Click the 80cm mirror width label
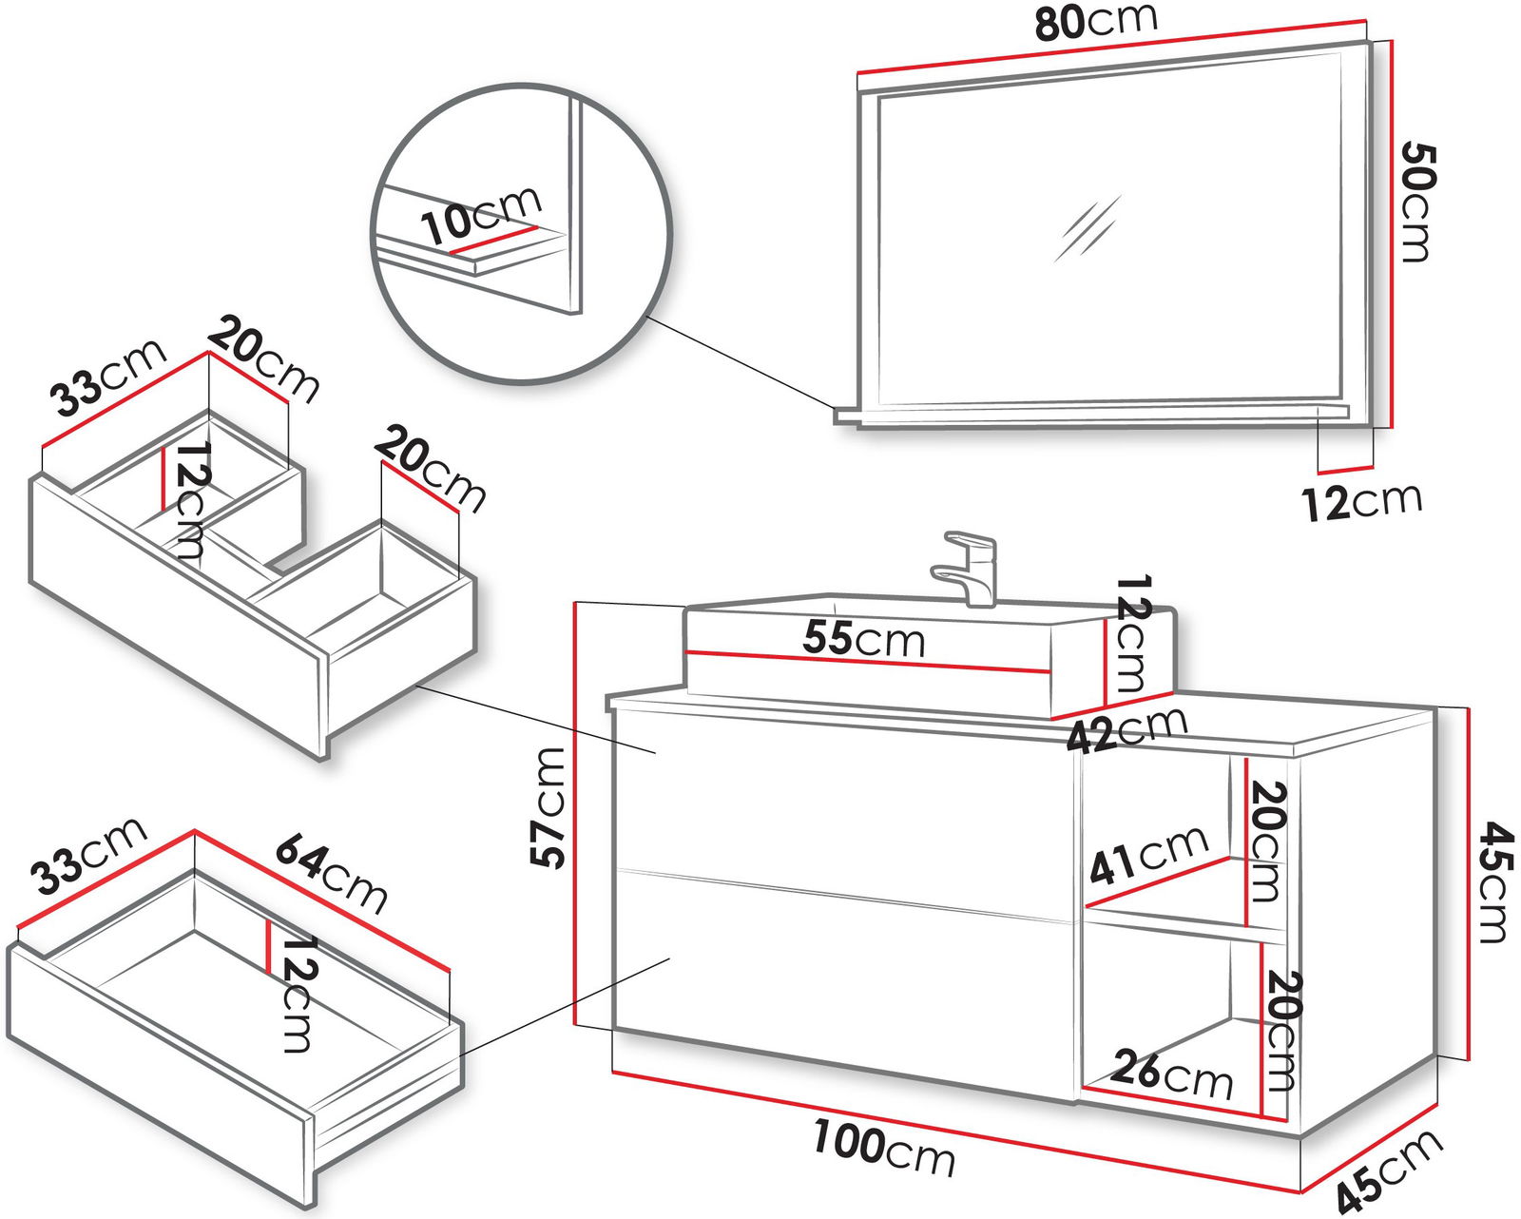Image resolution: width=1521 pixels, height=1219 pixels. click(x=1095, y=22)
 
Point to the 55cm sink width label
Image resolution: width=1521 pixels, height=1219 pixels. click(x=863, y=639)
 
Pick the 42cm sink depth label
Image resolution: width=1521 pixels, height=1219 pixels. click(x=1127, y=730)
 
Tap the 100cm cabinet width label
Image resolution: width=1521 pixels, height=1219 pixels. click(x=883, y=1149)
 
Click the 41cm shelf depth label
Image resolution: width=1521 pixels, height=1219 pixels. click(x=1148, y=854)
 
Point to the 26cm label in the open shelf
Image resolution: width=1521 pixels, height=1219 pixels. click(x=1171, y=1074)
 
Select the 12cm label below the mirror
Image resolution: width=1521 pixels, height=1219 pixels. click(x=1361, y=500)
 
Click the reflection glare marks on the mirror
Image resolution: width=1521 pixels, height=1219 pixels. click(x=1088, y=228)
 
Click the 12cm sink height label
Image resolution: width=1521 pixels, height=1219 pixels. click(x=1131, y=632)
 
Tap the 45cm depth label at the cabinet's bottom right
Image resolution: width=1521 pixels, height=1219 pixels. click(x=1389, y=1172)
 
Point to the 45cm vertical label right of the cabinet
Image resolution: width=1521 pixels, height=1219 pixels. click(x=1492, y=883)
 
